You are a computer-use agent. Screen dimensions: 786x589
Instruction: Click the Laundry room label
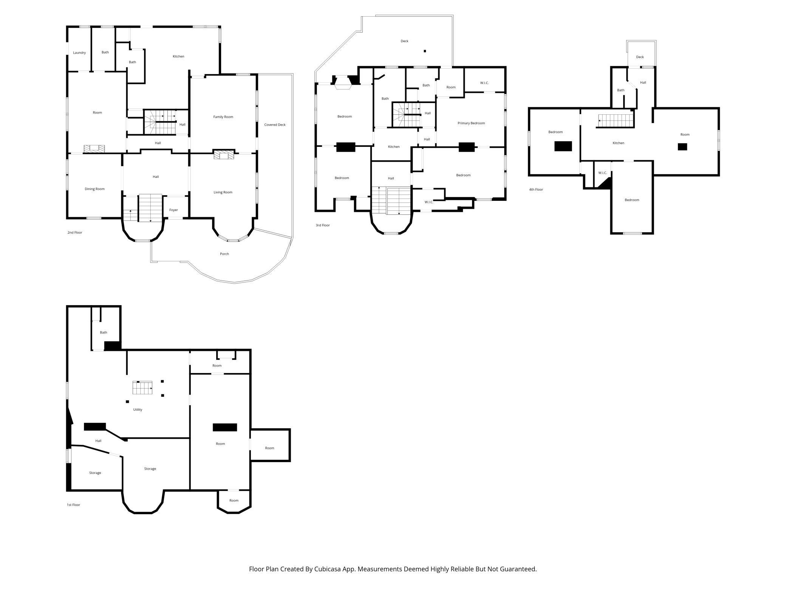tap(79, 53)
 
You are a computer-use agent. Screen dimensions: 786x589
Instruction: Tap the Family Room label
tap(223, 117)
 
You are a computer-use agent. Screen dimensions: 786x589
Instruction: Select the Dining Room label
tap(94, 189)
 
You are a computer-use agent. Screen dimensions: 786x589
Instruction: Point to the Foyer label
tap(173, 210)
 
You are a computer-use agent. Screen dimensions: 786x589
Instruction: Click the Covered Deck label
tap(275, 125)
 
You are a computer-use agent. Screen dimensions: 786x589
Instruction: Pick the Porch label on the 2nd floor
tap(224, 254)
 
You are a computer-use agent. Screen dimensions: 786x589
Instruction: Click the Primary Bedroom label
tap(471, 123)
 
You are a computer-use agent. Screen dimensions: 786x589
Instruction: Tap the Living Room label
tap(223, 192)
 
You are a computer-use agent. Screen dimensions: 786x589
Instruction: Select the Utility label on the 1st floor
tap(138, 410)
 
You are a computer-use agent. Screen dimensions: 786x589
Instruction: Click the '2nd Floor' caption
tap(75, 233)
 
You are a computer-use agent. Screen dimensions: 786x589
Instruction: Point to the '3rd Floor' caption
tap(323, 225)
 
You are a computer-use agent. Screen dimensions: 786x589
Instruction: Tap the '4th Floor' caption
tap(536, 190)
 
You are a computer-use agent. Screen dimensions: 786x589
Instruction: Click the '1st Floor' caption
tap(73, 505)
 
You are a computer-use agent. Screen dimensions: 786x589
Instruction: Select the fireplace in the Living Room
tap(224, 154)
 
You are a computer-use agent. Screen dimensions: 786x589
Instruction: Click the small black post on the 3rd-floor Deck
tap(425, 51)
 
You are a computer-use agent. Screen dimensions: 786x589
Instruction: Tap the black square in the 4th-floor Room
tap(682, 146)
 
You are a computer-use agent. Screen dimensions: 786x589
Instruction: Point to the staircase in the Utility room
tap(142, 388)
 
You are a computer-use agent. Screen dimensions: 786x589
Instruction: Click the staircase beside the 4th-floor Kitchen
tap(615, 121)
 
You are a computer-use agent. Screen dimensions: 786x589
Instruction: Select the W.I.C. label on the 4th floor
tap(602, 173)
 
